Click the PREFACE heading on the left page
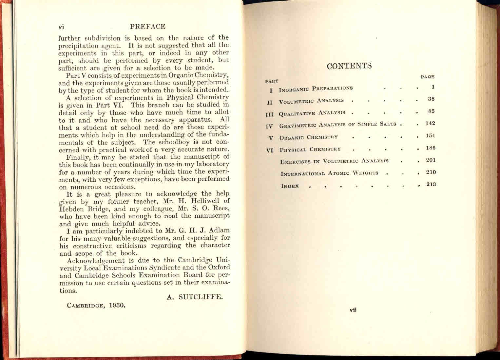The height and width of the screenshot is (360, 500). click(147, 27)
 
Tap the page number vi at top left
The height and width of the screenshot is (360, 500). click(61, 27)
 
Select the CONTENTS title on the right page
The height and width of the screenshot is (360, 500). click(349, 66)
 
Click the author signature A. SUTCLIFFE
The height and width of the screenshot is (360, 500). click(195, 297)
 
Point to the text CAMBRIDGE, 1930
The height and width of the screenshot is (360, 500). click(96, 305)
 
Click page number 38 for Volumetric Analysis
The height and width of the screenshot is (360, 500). click(431, 99)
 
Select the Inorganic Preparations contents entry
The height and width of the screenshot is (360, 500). click(316, 89)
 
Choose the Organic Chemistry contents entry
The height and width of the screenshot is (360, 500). click(308, 137)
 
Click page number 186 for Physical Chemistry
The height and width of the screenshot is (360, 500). click(431, 148)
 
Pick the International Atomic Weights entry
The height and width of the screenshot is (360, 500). click(329, 173)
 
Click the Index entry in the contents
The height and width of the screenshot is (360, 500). click(290, 186)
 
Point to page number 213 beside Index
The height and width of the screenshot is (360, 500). click(431, 184)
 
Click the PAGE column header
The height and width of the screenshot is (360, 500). click(427, 77)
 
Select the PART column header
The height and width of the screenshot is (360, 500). click(271, 81)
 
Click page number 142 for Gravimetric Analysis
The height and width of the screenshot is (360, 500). click(430, 123)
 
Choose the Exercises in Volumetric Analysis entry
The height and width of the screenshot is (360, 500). click(334, 161)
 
